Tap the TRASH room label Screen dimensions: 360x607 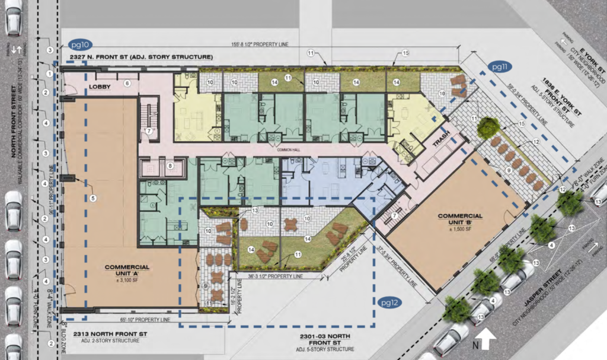441,141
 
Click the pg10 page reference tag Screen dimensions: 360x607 79,44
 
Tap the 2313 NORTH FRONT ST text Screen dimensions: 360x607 110,333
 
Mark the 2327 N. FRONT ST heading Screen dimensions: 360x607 140,57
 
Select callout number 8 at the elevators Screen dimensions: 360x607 170,167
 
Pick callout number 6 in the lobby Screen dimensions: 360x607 127,84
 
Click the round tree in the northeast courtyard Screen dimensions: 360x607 487,126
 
